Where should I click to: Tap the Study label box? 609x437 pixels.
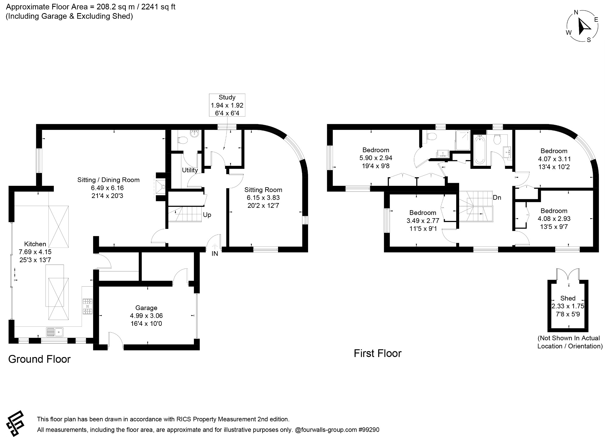point(227,105)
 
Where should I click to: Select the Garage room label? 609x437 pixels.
point(146,308)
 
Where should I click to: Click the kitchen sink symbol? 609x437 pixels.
point(55,331)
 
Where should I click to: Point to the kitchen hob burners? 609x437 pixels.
point(88,306)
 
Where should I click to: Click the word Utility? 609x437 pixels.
point(190,170)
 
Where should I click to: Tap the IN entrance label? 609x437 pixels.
point(215,254)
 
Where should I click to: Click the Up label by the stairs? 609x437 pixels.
point(207,215)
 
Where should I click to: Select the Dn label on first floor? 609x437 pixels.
point(497,197)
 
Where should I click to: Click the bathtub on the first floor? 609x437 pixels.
point(479,150)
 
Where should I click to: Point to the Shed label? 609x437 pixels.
point(568,298)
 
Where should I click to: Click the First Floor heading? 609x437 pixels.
point(378,353)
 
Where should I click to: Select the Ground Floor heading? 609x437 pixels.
point(39,359)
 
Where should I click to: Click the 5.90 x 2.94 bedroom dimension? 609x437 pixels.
point(376,158)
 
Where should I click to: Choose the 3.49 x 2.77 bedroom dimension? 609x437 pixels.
point(423,221)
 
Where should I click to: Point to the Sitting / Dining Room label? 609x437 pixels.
point(109,180)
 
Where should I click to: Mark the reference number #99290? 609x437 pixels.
point(369,430)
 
